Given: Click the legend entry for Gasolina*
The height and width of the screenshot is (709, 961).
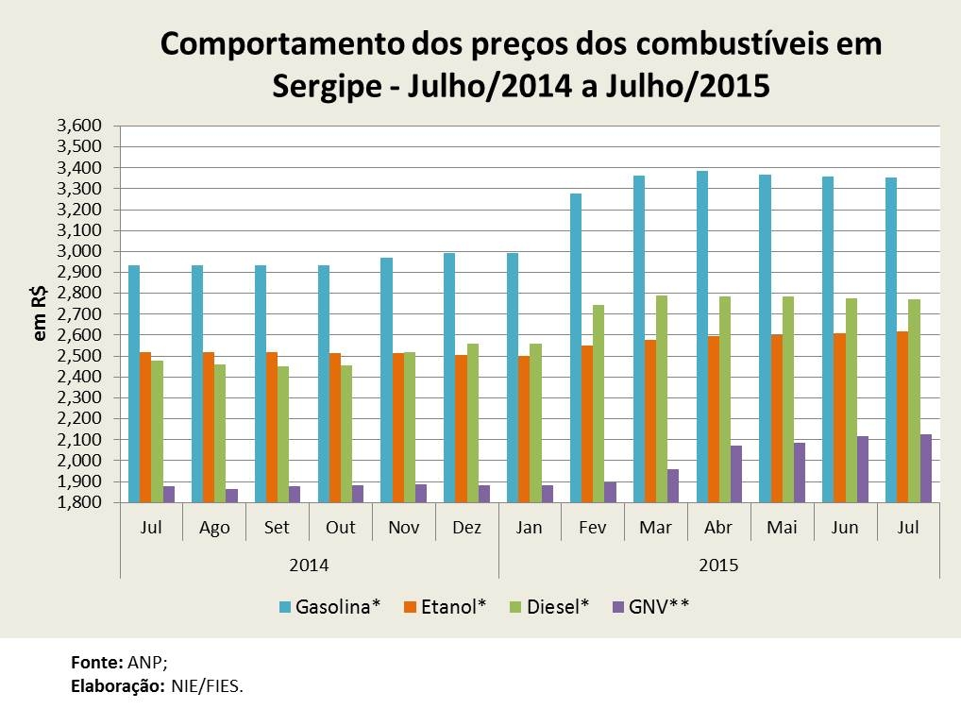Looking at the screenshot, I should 329,606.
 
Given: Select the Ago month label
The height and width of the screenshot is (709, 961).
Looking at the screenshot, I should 214,528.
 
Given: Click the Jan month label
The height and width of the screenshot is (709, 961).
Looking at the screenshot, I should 530,528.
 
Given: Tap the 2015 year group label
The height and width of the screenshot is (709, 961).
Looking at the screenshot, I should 719,566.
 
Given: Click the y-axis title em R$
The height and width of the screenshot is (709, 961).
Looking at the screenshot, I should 40,314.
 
